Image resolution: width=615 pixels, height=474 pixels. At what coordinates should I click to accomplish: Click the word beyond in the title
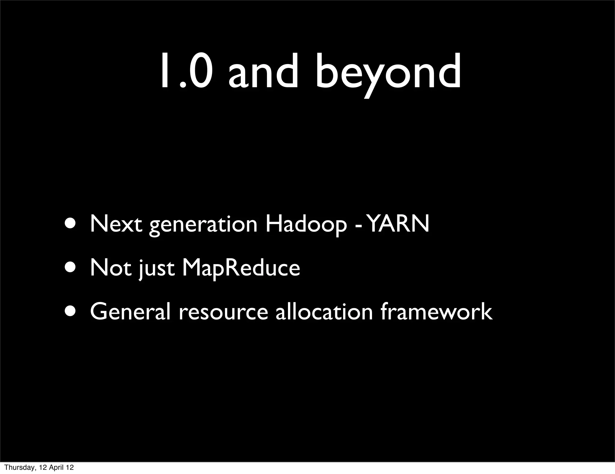tap(387, 72)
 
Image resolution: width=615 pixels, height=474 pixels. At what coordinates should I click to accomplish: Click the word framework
tap(436, 312)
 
